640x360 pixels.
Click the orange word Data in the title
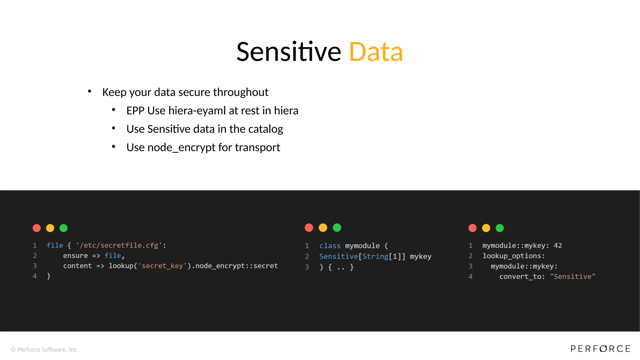point(376,52)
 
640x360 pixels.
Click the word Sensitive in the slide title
point(288,52)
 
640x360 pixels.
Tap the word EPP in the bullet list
point(135,111)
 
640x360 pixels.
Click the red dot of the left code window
point(37,228)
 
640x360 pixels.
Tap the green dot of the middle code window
point(337,228)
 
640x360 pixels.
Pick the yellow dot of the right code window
point(486,228)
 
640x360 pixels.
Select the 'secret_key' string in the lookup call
point(162,266)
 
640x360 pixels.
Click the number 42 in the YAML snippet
point(558,246)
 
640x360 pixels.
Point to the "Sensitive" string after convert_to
point(572,277)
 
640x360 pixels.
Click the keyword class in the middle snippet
point(330,246)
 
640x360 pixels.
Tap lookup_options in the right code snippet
point(513,256)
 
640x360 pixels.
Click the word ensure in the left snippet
point(75,256)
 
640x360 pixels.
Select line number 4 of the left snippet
point(35,276)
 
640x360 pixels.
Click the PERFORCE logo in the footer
point(600,349)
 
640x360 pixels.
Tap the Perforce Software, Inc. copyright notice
point(45,350)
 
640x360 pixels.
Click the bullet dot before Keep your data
point(90,91)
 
